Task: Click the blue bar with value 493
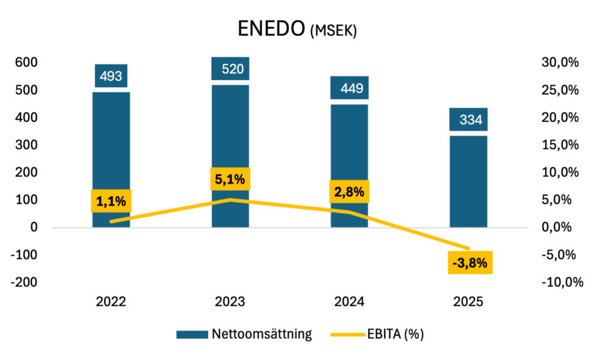(x=111, y=139)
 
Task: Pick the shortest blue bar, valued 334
(x=469, y=174)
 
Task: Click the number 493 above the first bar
(x=111, y=76)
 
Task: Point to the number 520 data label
(x=233, y=69)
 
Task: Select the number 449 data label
(x=352, y=88)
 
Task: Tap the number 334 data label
(x=471, y=120)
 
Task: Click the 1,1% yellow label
(x=111, y=201)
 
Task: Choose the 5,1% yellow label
(x=230, y=179)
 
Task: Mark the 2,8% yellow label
(x=349, y=192)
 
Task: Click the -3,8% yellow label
(x=470, y=263)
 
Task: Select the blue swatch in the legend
(x=192, y=334)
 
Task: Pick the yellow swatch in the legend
(x=348, y=335)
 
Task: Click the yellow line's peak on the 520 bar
(x=231, y=200)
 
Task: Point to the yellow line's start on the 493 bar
(x=111, y=221)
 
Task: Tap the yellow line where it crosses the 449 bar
(x=350, y=213)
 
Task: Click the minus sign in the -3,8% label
(x=456, y=264)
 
